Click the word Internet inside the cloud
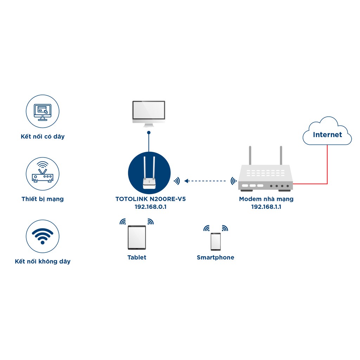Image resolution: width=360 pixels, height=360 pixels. coord(327,135)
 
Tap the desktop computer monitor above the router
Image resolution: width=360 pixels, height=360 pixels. coord(148,112)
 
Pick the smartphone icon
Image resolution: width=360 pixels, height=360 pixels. coord(216,242)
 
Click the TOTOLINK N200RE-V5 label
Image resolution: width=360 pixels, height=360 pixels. coord(150,199)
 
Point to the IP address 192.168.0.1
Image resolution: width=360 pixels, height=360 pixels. coord(150,207)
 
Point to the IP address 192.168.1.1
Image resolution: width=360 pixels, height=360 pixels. coord(266,207)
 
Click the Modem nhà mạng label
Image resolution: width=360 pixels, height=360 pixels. coord(266,199)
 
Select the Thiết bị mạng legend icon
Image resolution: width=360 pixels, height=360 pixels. coord(43,174)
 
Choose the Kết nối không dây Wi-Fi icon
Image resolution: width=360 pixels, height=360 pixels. coord(43,236)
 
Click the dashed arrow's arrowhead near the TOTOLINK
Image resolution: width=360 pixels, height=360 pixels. coord(187,181)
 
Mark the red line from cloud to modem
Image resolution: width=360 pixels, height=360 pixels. coord(327,165)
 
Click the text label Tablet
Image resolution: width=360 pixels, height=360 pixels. coord(137,257)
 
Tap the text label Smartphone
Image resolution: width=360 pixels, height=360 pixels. coord(216,257)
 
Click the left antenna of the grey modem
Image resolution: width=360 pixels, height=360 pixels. coord(250,155)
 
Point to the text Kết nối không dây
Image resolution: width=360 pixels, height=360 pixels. coord(43,261)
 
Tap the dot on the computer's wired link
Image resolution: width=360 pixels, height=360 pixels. coord(149,133)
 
